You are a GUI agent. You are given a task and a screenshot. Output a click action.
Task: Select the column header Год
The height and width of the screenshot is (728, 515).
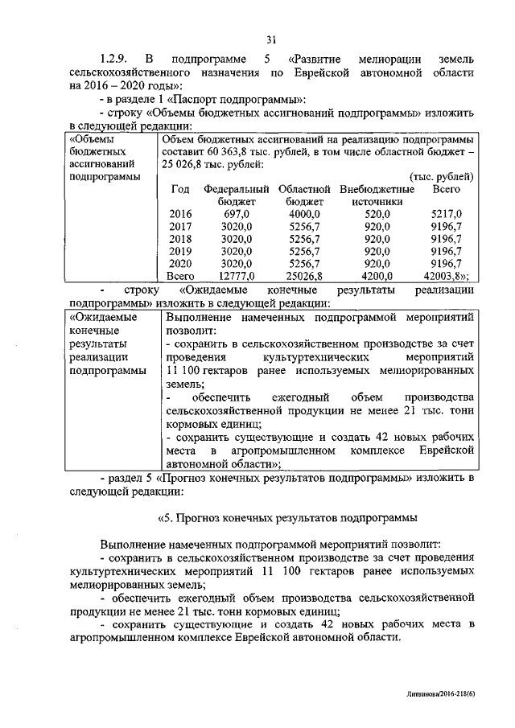click(181, 189)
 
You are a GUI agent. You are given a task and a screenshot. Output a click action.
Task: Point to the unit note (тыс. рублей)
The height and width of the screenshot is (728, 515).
click(441, 176)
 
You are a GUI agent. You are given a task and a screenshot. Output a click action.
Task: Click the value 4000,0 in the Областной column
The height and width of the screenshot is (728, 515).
click(304, 215)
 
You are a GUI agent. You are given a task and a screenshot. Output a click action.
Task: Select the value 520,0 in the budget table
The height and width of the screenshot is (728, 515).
click(377, 215)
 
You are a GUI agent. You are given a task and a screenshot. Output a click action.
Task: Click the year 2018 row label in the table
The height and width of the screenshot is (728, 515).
click(181, 239)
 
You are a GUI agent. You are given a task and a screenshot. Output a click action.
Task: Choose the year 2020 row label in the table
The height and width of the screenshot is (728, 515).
click(181, 263)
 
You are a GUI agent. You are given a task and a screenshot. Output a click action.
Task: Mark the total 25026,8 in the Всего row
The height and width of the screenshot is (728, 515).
click(304, 276)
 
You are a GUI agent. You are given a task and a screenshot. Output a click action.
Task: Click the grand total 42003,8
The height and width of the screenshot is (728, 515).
click(446, 276)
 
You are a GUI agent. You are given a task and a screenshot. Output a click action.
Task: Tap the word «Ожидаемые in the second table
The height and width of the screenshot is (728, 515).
click(104, 318)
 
